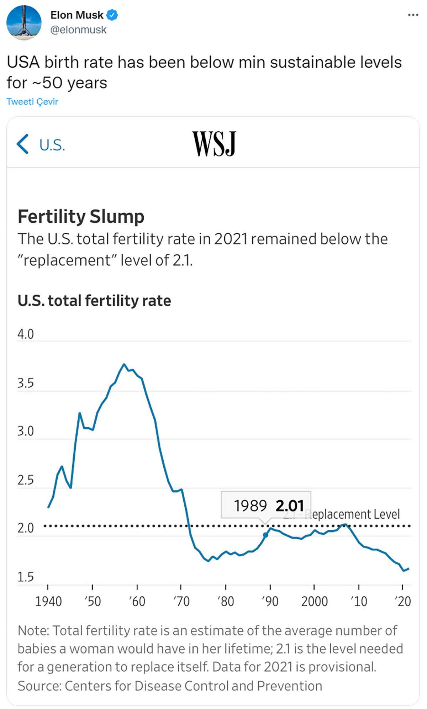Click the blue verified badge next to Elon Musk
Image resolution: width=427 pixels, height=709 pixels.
pos(113,15)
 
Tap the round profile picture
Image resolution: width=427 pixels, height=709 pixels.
pos(24,22)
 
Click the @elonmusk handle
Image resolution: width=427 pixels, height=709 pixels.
pos(78,30)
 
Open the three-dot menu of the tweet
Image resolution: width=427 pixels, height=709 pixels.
pos(413,15)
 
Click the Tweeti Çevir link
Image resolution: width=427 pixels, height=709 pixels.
pos(32,102)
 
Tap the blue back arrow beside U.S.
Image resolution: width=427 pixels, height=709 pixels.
pos(22,144)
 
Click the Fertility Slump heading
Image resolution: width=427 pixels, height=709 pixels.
pos(81,216)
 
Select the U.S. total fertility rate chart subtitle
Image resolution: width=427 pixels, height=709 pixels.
pos(94,301)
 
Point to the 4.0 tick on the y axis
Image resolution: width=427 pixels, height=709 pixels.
pos(26,334)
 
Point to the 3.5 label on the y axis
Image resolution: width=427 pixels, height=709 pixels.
pos(26,383)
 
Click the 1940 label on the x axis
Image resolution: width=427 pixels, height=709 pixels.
pos(48,602)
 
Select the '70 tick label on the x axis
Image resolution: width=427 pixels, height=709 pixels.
pos(181,602)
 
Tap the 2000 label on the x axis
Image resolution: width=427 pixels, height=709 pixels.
pos(314,602)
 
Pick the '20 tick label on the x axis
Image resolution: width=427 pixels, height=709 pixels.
pos(403,602)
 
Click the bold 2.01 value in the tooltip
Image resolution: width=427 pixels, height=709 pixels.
pos(290,506)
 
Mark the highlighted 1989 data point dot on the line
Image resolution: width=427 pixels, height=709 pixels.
pos(265,535)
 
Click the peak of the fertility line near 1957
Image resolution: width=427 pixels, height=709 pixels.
pos(124,364)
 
